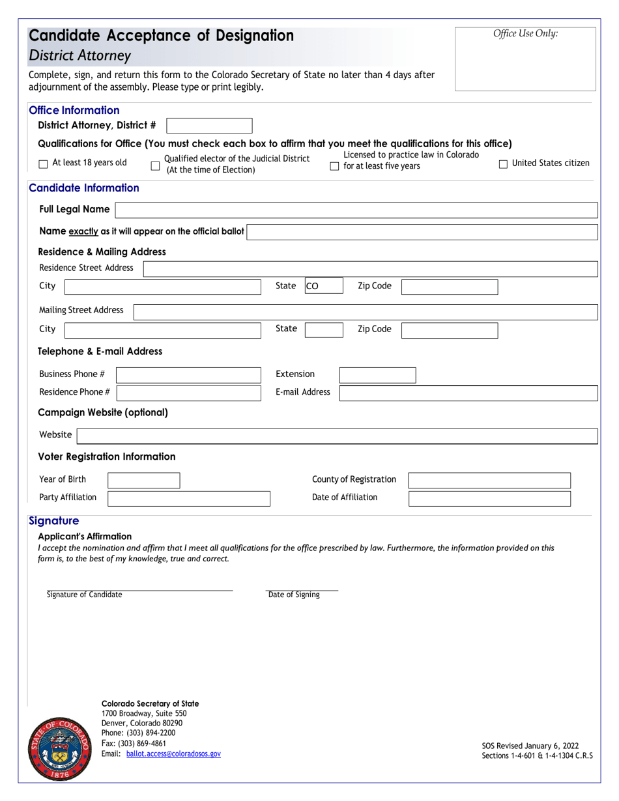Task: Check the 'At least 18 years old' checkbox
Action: pos(43,164)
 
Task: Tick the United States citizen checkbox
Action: pos(503,164)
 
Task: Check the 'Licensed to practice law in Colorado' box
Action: pos(334,166)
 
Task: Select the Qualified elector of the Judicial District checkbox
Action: pos(155,166)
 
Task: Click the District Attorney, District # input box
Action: pos(209,126)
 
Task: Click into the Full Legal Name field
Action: pos(356,210)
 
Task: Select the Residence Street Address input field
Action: pos(369,268)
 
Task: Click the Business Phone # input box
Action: pos(188,374)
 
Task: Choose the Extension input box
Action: pos(377,374)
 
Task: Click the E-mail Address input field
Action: pos(468,393)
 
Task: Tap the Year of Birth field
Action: pos(143,481)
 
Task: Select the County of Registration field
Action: pos(489,481)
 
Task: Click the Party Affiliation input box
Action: pos(188,498)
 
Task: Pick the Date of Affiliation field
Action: pos(489,498)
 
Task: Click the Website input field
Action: pos(337,436)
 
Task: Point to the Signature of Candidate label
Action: pos(84,595)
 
